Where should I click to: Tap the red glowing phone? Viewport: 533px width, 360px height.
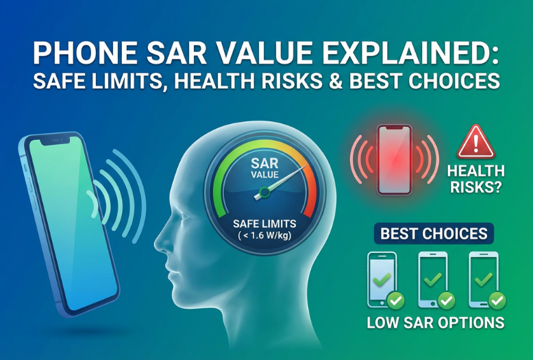pos(395,158)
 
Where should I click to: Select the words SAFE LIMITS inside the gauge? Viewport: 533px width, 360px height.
pos(264,224)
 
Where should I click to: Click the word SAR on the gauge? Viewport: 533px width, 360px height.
pos(264,163)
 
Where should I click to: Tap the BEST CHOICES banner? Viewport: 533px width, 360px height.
pos(434,233)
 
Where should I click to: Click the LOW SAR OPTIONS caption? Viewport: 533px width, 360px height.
pos(435,322)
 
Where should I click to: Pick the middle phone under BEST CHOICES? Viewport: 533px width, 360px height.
pos(432,279)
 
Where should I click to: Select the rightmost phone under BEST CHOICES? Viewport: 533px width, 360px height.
pos(482,279)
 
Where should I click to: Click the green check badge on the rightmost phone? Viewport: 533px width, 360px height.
pos(497,300)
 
